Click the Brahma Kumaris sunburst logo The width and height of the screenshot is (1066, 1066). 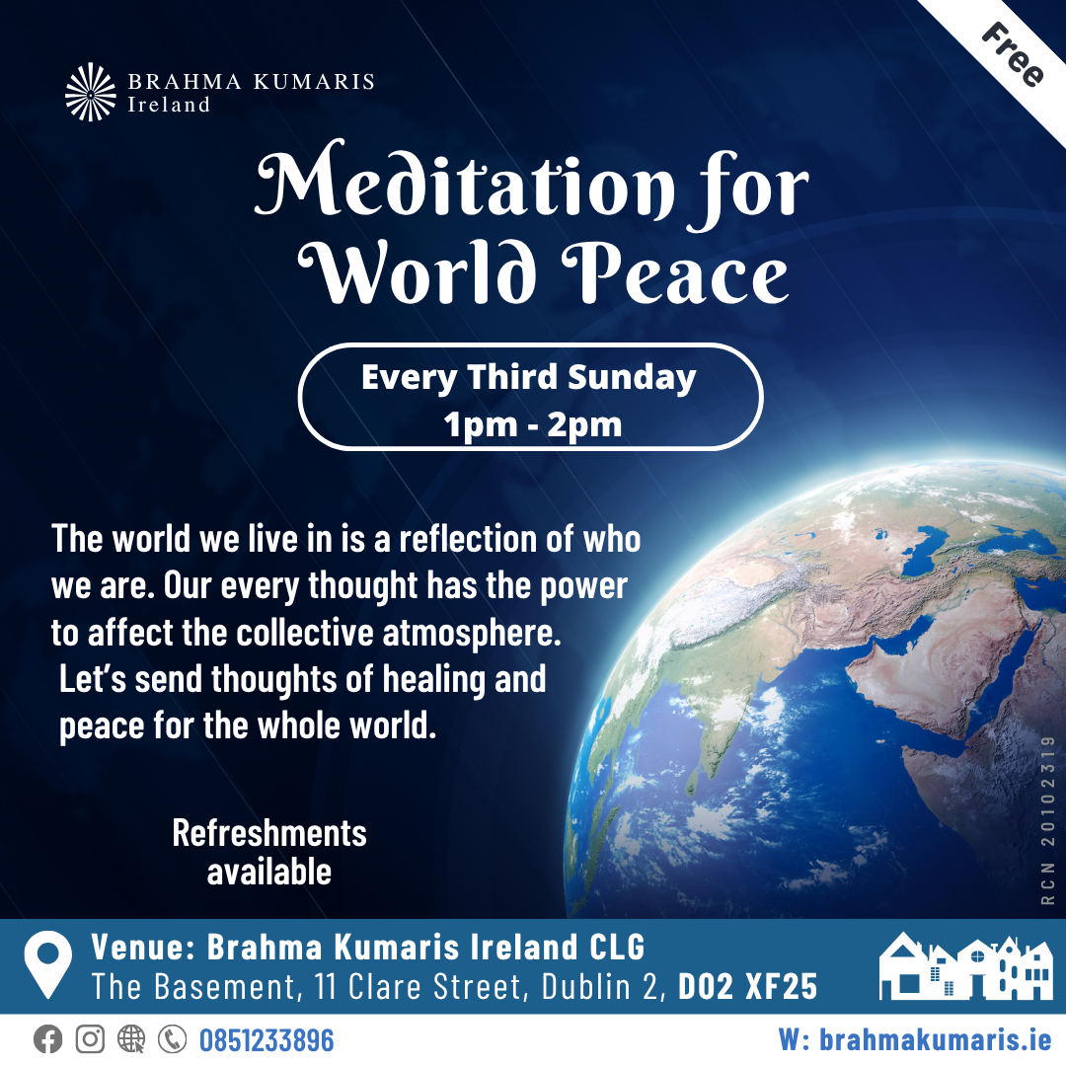[x=91, y=92]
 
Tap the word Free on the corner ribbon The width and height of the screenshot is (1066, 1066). [x=1013, y=55]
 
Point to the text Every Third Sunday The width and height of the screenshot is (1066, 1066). [x=529, y=377]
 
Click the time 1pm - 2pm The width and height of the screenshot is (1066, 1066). [x=532, y=424]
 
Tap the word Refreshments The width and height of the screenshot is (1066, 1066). [x=269, y=833]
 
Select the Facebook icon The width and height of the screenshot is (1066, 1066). [x=47, y=1039]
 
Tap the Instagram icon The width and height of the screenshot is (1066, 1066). [x=90, y=1039]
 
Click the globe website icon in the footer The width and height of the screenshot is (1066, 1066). [x=131, y=1039]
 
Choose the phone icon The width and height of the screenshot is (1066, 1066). [x=172, y=1039]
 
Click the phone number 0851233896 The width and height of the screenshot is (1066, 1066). [x=266, y=1040]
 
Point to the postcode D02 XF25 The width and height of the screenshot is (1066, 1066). [x=748, y=987]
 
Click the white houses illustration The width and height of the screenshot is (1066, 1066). [x=966, y=966]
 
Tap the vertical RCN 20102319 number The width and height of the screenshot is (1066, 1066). [x=1047, y=820]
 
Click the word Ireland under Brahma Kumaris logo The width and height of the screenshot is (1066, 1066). [x=169, y=105]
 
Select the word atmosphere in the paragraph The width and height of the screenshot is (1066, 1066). [x=472, y=633]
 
